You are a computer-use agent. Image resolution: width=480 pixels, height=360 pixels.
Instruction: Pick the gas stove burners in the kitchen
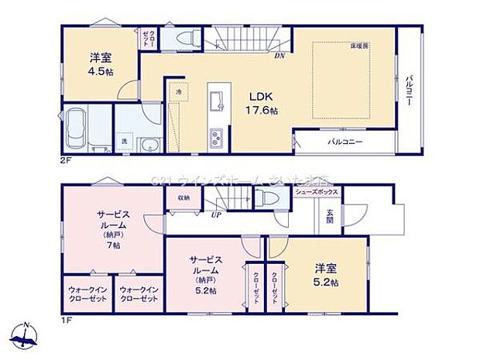(214, 139)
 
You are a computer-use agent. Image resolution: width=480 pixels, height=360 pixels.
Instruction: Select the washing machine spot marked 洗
(125, 141)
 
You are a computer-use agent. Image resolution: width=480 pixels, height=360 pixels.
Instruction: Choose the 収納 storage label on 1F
(183, 196)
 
